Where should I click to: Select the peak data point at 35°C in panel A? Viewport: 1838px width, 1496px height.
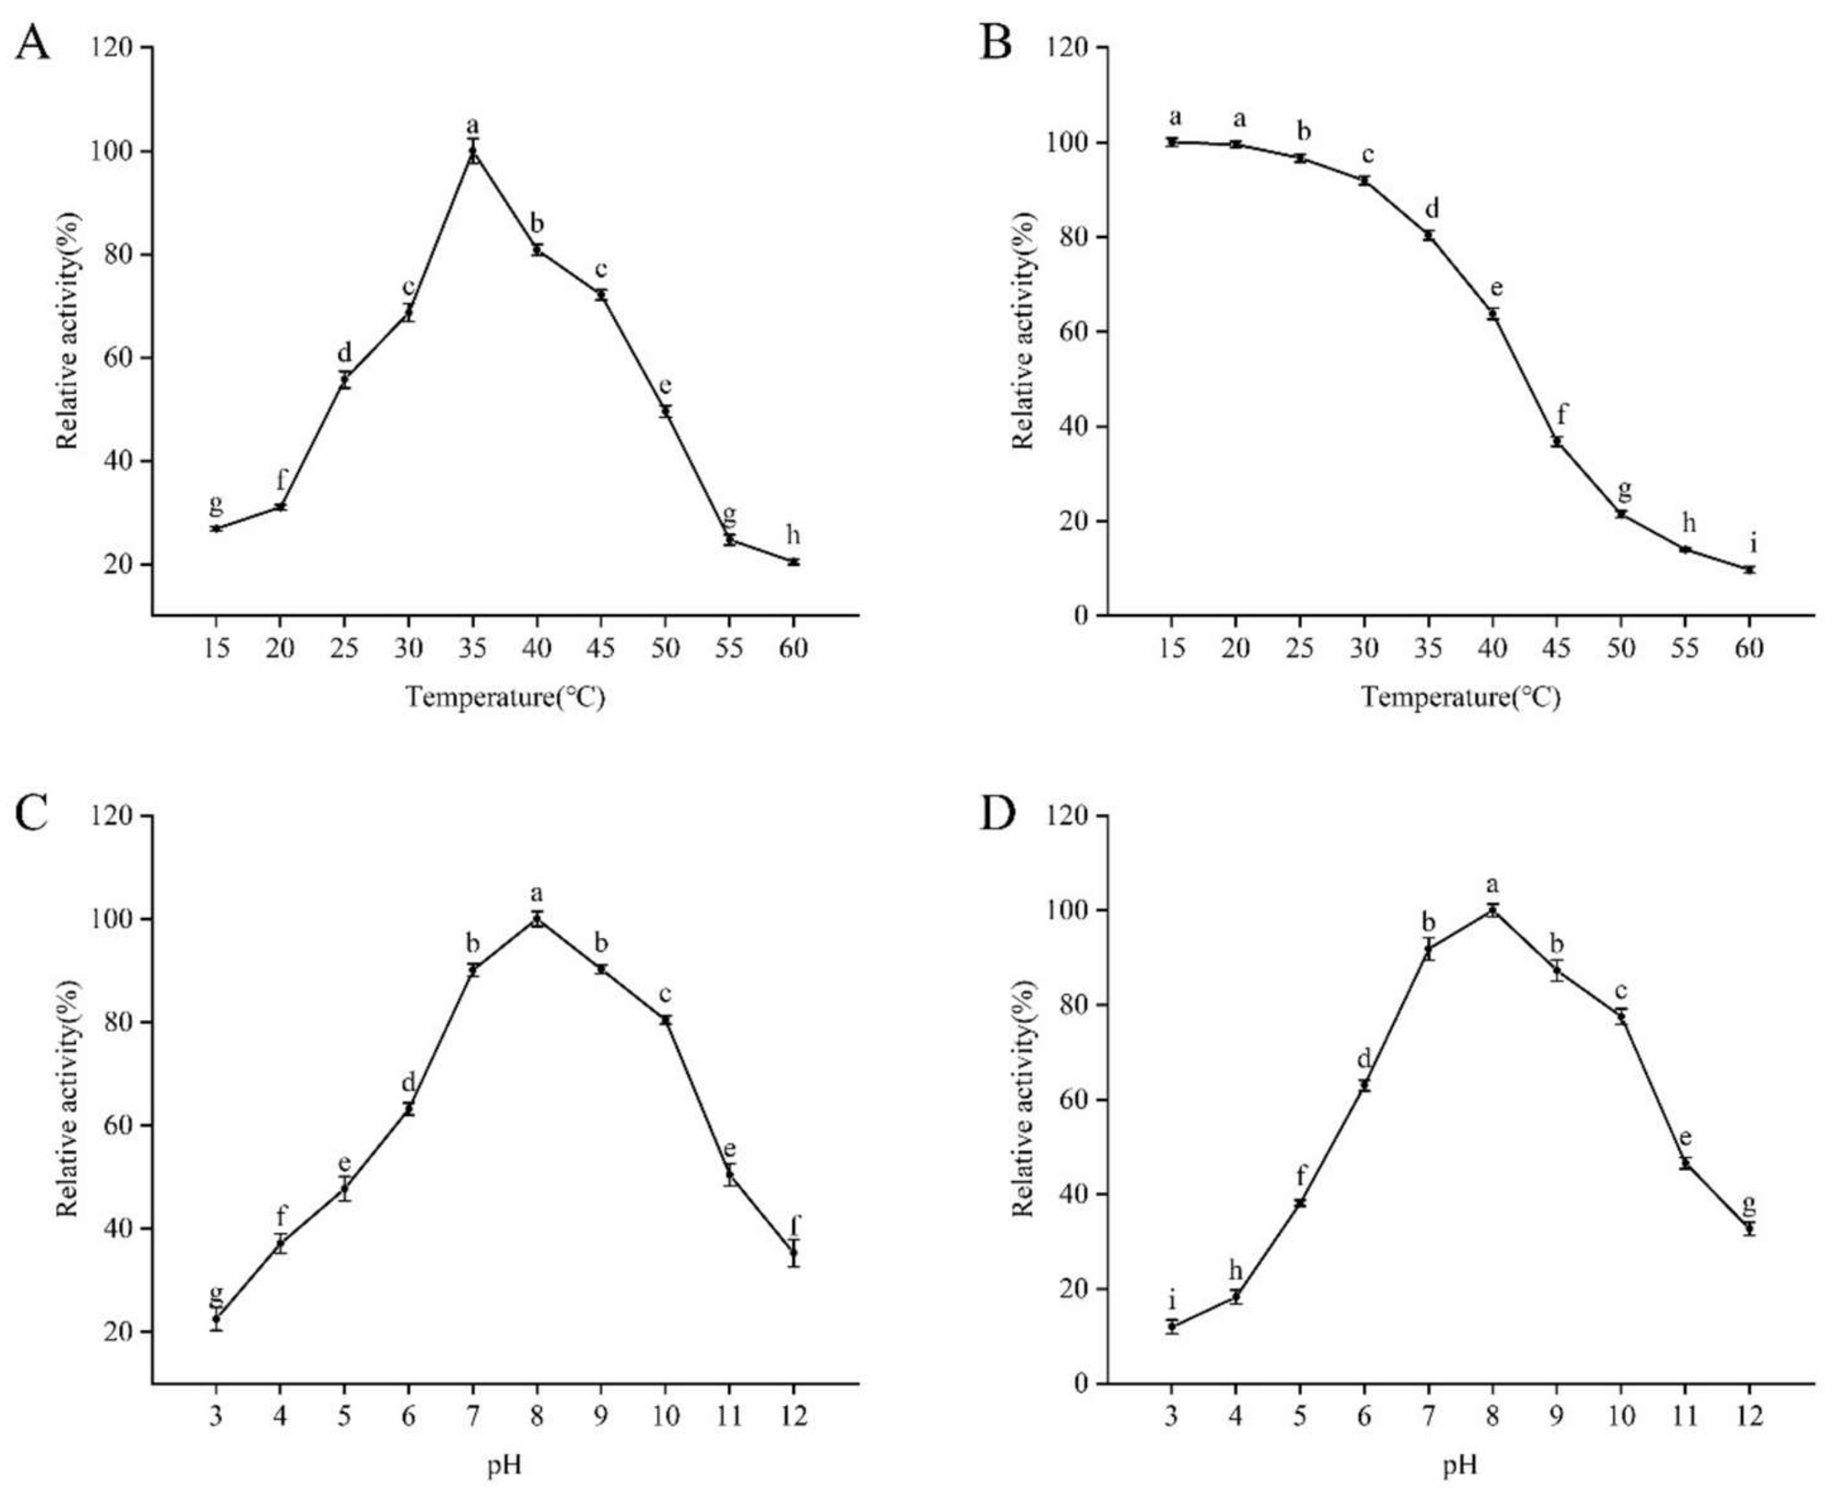[x=473, y=151]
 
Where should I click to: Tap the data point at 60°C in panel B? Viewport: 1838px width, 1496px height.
[x=1749, y=570]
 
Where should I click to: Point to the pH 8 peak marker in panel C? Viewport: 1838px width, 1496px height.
[x=537, y=920]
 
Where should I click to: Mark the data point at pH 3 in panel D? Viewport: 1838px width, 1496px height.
[x=1172, y=1326]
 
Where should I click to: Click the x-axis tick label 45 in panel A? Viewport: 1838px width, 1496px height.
[x=601, y=647]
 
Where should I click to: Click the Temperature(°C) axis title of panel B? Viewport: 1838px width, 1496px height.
[x=1461, y=696]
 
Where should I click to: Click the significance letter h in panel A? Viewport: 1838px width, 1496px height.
[x=793, y=535]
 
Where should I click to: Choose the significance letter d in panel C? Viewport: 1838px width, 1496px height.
[x=408, y=1082]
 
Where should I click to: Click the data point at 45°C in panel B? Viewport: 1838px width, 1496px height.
[x=1557, y=442]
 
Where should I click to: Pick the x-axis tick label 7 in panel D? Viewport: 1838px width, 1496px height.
[x=1429, y=1416]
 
